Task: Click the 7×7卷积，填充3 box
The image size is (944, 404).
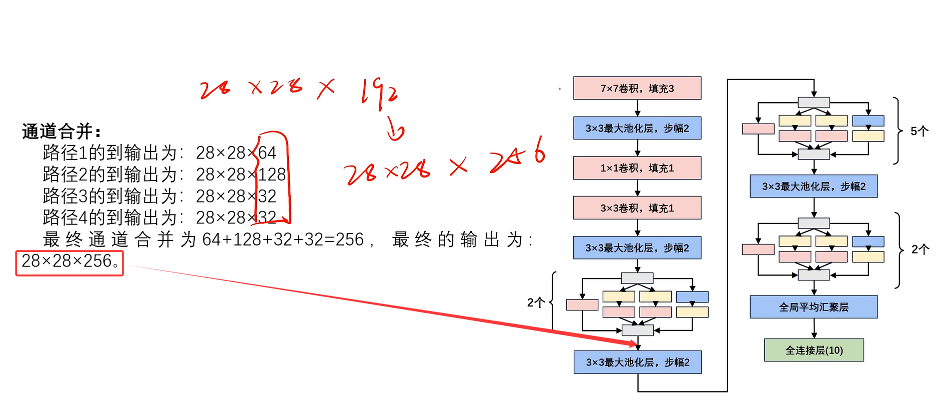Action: (637, 88)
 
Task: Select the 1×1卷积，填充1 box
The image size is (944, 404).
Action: (637, 168)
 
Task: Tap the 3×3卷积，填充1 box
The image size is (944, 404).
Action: (637, 208)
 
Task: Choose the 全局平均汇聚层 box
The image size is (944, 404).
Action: (814, 307)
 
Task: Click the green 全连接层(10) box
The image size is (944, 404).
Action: (814, 350)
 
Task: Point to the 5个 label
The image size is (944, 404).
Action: (919, 131)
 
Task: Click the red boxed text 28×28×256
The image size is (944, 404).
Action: (69, 261)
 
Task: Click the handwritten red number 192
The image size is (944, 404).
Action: (380, 92)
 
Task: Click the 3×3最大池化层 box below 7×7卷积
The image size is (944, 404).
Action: (637, 128)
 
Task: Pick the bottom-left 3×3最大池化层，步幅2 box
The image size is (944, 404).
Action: (637, 362)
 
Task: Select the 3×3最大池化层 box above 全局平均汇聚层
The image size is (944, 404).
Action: (814, 186)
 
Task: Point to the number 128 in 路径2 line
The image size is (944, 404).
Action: (272, 174)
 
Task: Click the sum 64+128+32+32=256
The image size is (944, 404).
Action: (283, 240)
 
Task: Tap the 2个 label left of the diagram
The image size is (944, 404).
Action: (536, 302)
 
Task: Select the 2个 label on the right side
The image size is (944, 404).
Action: (920, 249)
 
